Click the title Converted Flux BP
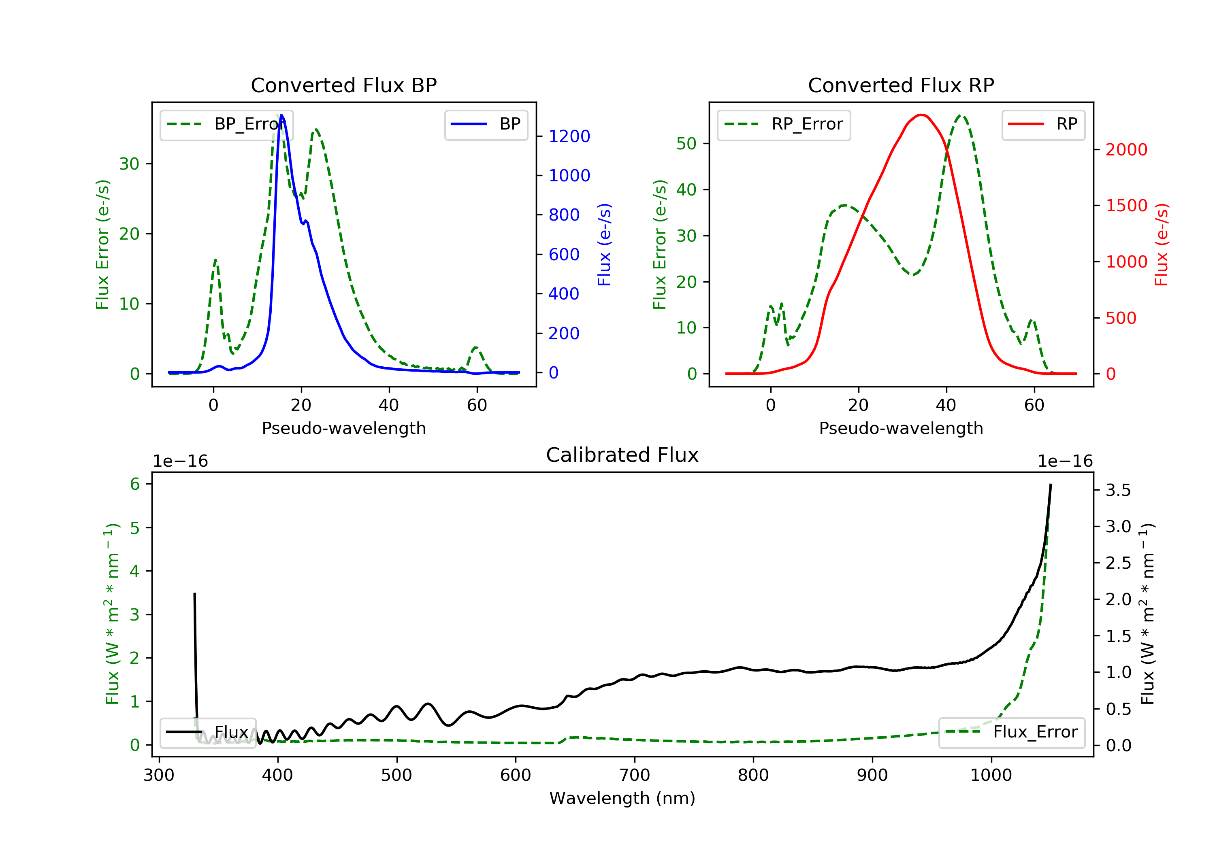pyautogui.click(x=343, y=85)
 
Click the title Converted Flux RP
pyautogui.click(x=901, y=85)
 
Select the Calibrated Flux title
pyautogui.click(x=622, y=455)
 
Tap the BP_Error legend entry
pyautogui.click(x=226, y=124)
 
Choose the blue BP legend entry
pyautogui.click(x=486, y=124)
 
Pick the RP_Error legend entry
pyautogui.click(x=784, y=124)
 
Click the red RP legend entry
pyautogui.click(x=1043, y=124)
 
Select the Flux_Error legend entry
pyautogui.click(x=1012, y=732)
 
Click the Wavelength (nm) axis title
pyautogui.click(x=622, y=798)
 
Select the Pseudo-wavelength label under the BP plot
pyautogui.click(x=344, y=428)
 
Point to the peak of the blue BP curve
pyautogui.click(x=281, y=115)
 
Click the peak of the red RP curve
pyautogui.click(x=921, y=115)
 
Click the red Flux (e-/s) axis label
pyautogui.click(x=1162, y=245)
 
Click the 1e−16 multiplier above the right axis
pyautogui.click(x=1065, y=461)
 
